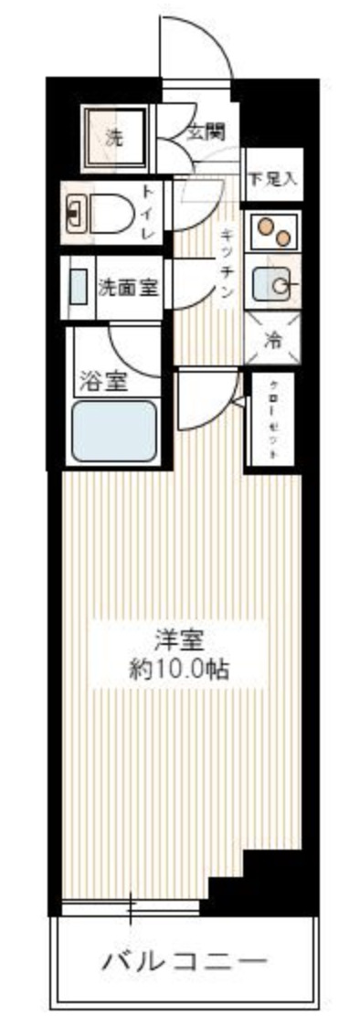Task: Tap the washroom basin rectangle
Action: click(79, 287)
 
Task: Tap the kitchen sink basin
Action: click(271, 286)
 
